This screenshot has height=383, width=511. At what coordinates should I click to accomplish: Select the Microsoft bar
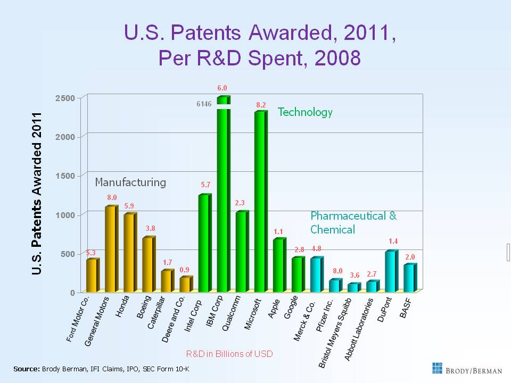coord(260,202)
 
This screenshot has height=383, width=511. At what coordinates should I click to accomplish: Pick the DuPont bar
coord(390,272)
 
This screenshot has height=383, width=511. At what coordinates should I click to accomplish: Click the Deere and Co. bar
coord(185,285)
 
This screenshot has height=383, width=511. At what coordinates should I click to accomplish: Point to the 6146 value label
coord(204,104)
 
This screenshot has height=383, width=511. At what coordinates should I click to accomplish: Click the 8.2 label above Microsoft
coord(260,105)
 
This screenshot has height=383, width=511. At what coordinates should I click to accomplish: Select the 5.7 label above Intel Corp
coord(205,185)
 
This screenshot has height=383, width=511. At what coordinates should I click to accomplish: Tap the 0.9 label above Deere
coord(184,269)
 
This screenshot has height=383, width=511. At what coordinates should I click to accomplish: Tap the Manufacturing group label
coord(130,182)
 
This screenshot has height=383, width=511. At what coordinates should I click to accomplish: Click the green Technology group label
coord(305,112)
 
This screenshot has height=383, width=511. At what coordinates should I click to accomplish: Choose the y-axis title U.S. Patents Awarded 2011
coord(37,194)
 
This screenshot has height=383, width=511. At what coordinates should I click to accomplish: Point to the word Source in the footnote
coord(26,369)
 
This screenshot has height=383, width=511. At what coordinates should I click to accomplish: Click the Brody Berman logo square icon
coord(437,368)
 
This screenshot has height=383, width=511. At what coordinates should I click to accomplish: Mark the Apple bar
coord(278,265)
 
